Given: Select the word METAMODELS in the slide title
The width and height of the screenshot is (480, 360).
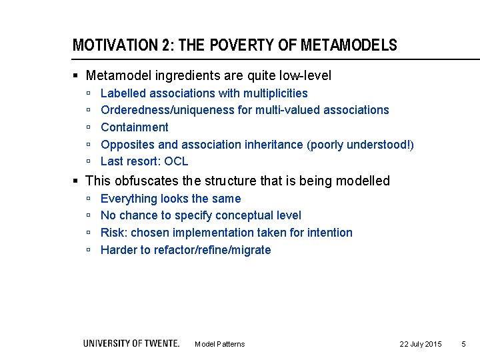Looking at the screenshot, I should tap(349, 45).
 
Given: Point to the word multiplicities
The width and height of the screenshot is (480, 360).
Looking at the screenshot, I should tap(275, 93).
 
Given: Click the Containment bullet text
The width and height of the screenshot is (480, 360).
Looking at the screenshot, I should tap(134, 127).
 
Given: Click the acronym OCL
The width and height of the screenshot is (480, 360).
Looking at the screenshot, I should tap(176, 161).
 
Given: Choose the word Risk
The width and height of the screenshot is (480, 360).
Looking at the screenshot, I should tap(113, 233).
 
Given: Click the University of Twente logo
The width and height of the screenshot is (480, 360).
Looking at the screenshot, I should tap(131, 343).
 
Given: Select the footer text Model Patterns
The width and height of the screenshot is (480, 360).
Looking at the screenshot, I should tap(219, 344).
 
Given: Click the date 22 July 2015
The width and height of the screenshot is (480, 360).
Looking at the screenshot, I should tap(420, 344).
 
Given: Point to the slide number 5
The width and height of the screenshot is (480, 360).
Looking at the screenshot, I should tap(463, 344).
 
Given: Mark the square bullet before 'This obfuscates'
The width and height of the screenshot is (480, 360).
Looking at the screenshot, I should tap(77, 181).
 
